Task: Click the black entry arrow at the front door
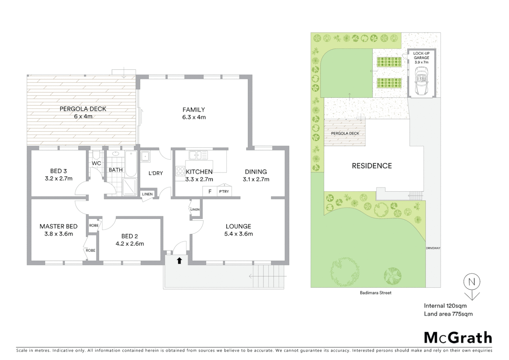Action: click(179, 261)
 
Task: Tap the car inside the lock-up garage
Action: click(421, 81)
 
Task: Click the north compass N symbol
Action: click(472, 282)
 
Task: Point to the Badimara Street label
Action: click(375, 293)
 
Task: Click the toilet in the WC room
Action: click(96, 155)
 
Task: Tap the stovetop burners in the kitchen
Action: click(180, 171)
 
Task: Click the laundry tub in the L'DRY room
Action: click(145, 156)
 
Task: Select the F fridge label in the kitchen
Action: click(210, 191)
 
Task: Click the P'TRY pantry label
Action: click(224, 191)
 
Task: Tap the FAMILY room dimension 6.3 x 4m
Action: click(194, 117)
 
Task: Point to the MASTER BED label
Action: click(59, 226)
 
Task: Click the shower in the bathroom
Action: click(130, 187)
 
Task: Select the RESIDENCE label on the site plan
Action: click(372, 166)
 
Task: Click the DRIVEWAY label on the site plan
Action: click(433, 248)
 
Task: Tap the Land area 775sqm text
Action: click(448, 314)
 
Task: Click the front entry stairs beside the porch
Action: click(268, 276)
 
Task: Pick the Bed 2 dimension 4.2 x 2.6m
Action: click(130, 244)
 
